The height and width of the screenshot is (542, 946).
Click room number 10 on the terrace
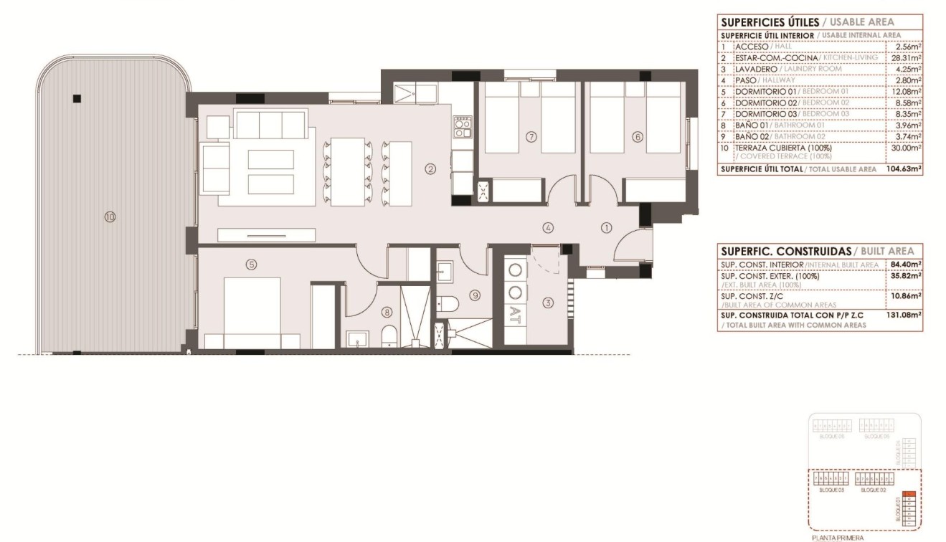[x=110, y=217]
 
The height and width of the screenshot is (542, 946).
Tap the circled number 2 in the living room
[x=430, y=170]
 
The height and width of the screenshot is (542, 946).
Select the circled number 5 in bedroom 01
[x=250, y=265]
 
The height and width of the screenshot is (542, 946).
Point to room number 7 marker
[x=531, y=136]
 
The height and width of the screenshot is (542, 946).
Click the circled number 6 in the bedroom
[x=635, y=136]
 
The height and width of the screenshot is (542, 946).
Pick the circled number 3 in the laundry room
[x=549, y=303]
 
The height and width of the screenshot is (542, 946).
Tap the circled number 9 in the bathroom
[x=475, y=294]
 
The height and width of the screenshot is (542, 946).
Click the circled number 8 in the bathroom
[x=387, y=311]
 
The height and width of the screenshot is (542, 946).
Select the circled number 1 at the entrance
[x=606, y=228]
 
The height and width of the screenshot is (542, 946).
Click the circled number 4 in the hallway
[x=548, y=228]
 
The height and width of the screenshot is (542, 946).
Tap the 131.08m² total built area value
[x=904, y=314]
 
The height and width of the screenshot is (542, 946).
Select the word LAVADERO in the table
[x=757, y=69]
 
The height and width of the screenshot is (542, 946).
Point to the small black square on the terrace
[x=77, y=99]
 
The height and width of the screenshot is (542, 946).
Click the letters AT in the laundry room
[x=515, y=312]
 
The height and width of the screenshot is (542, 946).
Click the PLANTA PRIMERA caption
[x=838, y=537]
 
